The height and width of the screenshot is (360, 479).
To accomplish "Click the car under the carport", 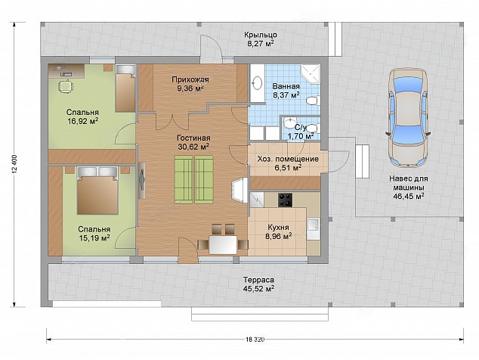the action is pyautogui.click(x=408, y=117).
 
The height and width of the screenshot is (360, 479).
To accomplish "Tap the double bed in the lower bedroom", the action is pyautogui.click(x=97, y=191).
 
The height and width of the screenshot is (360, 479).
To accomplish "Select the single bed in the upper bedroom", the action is pyautogui.click(x=125, y=88).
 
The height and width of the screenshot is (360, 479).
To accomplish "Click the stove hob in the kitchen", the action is pyautogui.click(x=285, y=200).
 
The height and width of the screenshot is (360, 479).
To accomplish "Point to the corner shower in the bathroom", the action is pyautogui.click(x=310, y=73).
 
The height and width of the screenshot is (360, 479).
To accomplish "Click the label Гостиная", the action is pyautogui.click(x=193, y=138).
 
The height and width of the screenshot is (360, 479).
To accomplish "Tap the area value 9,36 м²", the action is pyautogui.click(x=190, y=88).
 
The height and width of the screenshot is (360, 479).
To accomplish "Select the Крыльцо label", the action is pyautogui.click(x=261, y=35).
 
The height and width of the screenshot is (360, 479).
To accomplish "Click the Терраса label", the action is pyautogui.click(x=258, y=280).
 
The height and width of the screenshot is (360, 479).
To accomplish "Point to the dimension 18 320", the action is pyautogui.click(x=255, y=339).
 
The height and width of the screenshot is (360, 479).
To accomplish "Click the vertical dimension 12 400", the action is pyautogui.click(x=14, y=165).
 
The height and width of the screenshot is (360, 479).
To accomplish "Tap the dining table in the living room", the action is pyautogui.click(x=223, y=245).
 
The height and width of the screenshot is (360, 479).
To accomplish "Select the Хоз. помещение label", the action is pyautogui.click(x=288, y=159).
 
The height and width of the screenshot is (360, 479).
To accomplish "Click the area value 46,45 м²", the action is pyautogui.click(x=409, y=196).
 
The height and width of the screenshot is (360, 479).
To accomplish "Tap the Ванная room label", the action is pyautogui.click(x=286, y=86).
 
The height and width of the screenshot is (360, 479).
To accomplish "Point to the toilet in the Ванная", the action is pyautogui.click(x=313, y=101).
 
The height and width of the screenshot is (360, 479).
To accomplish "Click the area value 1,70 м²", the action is pyautogui.click(x=301, y=136).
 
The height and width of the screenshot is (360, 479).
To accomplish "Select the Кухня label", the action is pyautogui.click(x=278, y=228).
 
